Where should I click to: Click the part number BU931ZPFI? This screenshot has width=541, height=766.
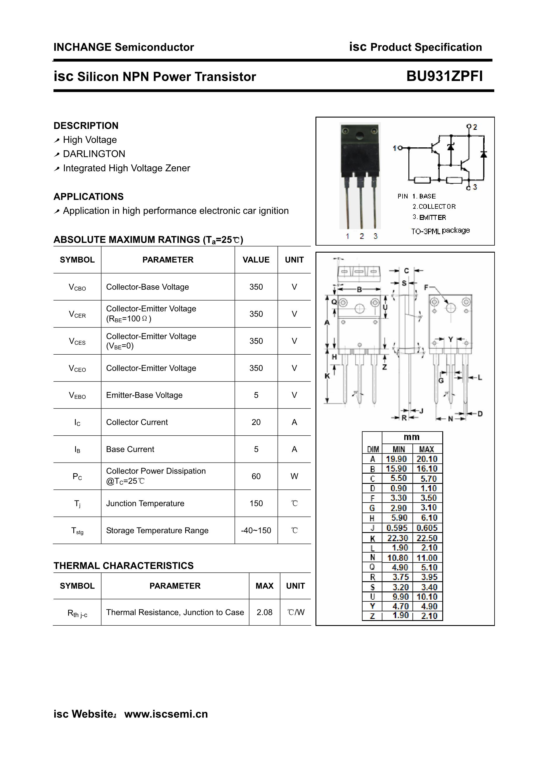tap(444, 76)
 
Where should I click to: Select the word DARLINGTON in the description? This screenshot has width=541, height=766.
tap(94, 154)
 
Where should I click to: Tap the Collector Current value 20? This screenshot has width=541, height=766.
tap(256, 422)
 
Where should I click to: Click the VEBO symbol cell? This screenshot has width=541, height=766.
tap(77, 395)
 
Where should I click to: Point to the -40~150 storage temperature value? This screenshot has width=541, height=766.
tap(256, 530)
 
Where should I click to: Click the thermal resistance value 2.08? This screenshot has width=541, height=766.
tap(264, 612)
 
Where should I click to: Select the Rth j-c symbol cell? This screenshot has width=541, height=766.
tap(77, 613)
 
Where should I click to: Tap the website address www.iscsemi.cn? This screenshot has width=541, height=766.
tap(166, 714)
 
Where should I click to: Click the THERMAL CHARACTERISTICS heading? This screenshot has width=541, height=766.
tap(123, 565)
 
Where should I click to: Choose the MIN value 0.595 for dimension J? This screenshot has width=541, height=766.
tap(397, 528)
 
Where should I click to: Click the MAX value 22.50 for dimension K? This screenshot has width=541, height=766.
tap(427, 538)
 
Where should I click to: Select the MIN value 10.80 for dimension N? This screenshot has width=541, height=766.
tap(397, 558)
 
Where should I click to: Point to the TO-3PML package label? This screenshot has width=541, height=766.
tap(440, 231)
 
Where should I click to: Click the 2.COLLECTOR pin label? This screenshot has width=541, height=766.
tap(434, 206)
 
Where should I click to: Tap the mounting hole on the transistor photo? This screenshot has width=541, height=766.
tap(360, 136)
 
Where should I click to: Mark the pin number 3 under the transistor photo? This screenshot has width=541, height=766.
tap(376, 236)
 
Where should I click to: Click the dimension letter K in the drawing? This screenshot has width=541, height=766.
tap(327, 376)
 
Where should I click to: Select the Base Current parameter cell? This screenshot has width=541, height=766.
tap(130, 449)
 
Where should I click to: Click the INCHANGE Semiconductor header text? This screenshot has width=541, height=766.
tap(124, 47)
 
